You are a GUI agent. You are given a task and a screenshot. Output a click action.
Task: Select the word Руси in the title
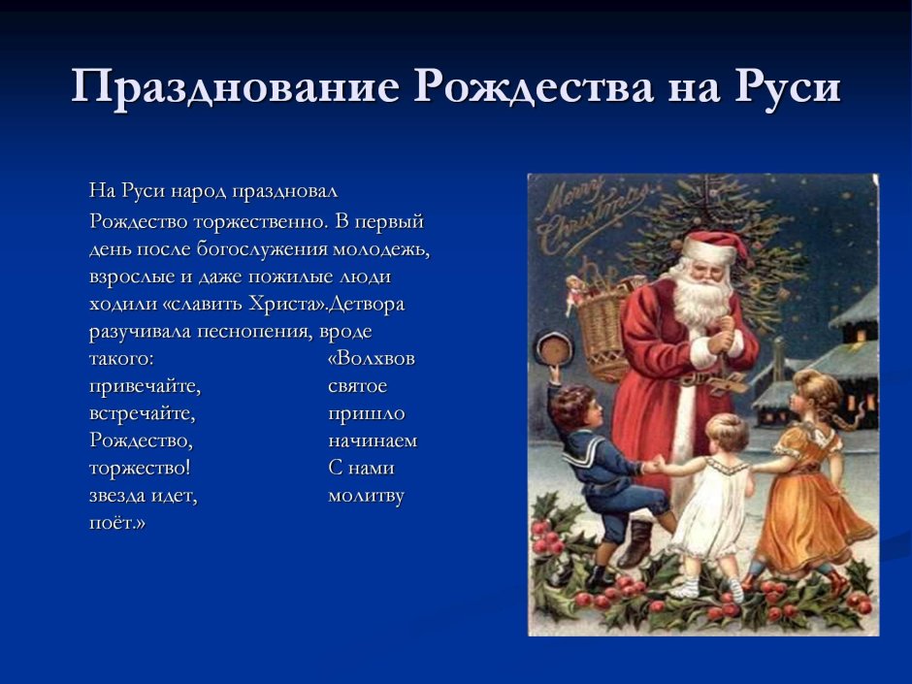(788, 87)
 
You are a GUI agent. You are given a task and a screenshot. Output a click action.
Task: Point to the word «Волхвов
(371, 358)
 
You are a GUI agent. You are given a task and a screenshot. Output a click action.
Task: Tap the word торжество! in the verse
(140, 469)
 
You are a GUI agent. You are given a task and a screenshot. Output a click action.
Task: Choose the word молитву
(366, 496)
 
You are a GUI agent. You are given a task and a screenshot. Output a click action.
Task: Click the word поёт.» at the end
(116, 522)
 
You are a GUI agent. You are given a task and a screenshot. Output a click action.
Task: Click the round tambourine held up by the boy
(554, 349)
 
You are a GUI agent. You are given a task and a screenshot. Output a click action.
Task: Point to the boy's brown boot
(635, 544)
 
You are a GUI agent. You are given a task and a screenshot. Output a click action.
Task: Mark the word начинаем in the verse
(373, 440)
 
